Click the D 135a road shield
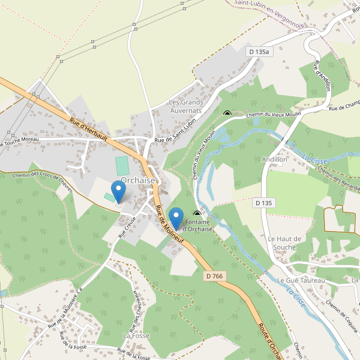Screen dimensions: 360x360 tap(260, 52)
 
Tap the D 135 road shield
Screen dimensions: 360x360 tap(263, 203)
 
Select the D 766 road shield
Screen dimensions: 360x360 tap(214, 276)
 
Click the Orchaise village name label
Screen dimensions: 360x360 tap(138, 180)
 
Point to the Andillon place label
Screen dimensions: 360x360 tap(275, 160)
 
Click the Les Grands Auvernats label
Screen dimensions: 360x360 tap(186, 107)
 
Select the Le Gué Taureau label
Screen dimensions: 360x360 tap(301, 280)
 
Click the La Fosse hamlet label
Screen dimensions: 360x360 tap(136, 335)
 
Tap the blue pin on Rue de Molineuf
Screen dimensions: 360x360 tap(176, 218)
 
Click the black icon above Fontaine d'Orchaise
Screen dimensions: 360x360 tap(197, 213)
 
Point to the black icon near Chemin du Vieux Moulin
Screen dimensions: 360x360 tap(227, 112)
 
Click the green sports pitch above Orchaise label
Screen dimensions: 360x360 tap(122, 166)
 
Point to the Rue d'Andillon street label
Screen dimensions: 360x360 tap(322, 76)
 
